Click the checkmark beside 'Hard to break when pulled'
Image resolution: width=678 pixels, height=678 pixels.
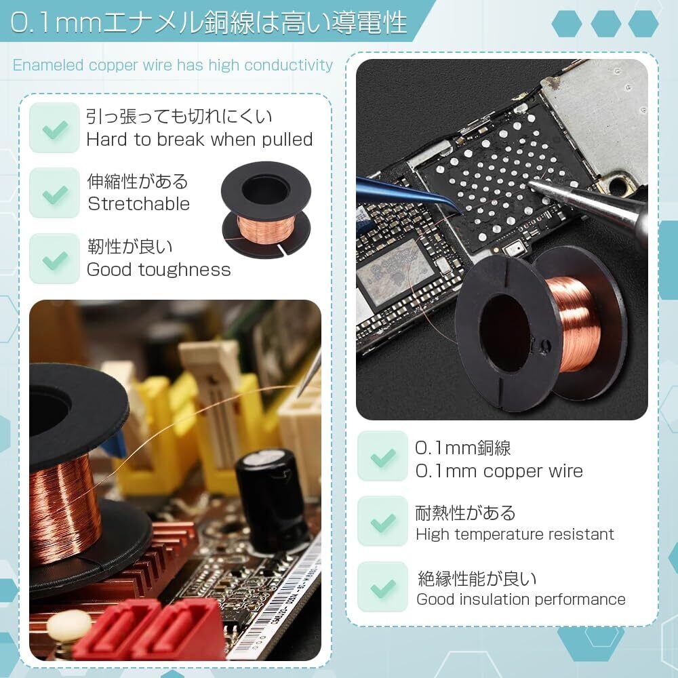pos(55,129)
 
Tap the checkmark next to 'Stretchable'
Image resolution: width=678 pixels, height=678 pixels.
pos(55,195)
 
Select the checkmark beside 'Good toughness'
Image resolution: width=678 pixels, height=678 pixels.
pos(55,260)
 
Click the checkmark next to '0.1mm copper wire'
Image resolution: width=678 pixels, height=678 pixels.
pos(383,458)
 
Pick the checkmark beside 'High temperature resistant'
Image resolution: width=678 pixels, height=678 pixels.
pos(383,523)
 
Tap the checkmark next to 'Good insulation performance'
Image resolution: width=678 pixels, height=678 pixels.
pos(383,589)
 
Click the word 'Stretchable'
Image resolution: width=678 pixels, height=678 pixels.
pos(139,203)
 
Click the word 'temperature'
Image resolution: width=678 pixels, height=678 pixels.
pos(497,535)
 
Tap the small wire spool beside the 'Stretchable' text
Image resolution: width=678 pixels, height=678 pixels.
pos(266,210)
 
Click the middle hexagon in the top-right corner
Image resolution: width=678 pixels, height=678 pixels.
pos(605,23)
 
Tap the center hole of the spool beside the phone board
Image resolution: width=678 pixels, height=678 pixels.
pos(504,334)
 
